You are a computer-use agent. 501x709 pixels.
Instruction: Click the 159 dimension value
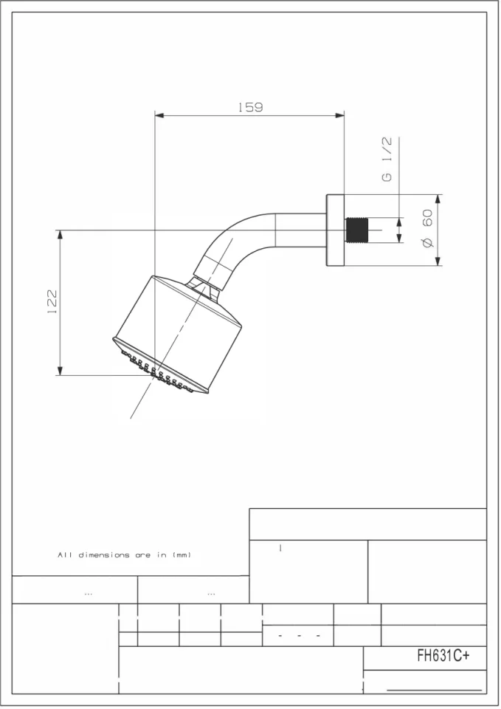pyautogui.click(x=250, y=107)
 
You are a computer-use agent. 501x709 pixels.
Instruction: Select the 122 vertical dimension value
pyautogui.click(x=52, y=301)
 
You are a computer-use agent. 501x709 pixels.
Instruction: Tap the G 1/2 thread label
pyautogui.click(x=387, y=160)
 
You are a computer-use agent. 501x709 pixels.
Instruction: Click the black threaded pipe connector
pyautogui.click(x=357, y=230)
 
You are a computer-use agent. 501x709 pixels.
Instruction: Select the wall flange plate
pyautogui.click(x=335, y=230)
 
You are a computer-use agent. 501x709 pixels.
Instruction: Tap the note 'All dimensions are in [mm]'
pyautogui.click(x=125, y=555)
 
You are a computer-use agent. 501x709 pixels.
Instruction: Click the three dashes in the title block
pyautogui.click(x=298, y=635)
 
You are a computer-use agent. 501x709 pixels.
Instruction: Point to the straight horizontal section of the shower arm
pyautogui.click(x=301, y=230)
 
